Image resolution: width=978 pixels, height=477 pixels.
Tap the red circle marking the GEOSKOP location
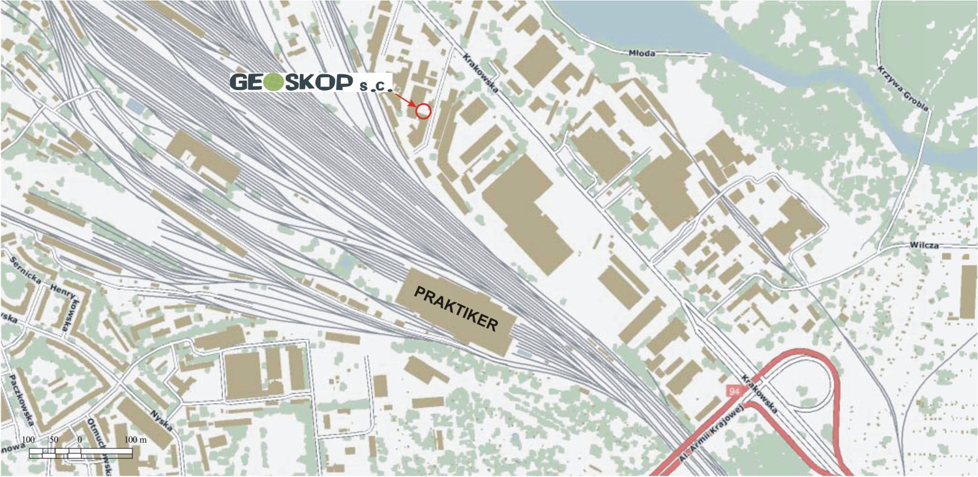(x=423, y=112)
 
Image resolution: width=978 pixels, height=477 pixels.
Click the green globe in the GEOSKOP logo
(x=275, y=82)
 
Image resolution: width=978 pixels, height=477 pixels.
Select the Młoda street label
(x=642, y=53)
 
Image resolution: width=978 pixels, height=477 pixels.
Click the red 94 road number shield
(x=734, y=390)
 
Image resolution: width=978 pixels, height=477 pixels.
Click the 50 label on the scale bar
(x=53, y=440)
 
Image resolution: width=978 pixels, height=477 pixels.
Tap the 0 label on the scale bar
(x=79, y=440)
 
